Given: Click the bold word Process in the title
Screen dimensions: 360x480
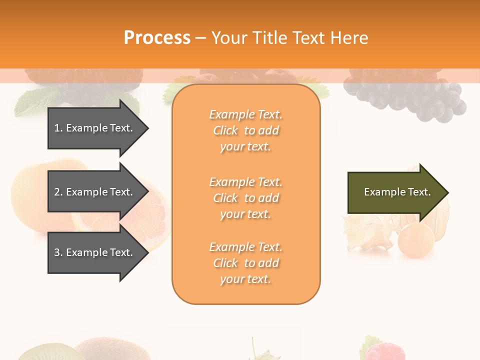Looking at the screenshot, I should (157, 38).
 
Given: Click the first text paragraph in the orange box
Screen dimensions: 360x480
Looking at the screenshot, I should (245, 130).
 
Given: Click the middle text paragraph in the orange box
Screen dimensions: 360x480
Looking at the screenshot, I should (245, 197).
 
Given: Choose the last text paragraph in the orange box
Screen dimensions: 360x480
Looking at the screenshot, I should (245, 263).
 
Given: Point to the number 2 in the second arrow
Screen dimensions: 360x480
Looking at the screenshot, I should (57, 192).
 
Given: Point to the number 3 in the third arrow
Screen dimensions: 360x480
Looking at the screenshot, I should (57, 252).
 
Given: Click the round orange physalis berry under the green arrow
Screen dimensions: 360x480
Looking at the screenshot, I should (415, 240).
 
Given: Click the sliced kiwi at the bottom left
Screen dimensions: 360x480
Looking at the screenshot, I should (40, 352).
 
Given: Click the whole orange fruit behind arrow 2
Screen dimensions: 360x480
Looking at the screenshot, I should (30, 195).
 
